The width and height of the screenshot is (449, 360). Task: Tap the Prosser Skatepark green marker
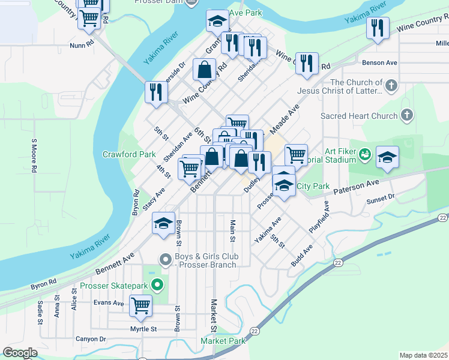[157, 284]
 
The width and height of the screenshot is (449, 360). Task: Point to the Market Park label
[223, 341]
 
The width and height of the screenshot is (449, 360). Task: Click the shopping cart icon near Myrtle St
[140, 305]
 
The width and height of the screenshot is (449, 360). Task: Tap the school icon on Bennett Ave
[163, 223]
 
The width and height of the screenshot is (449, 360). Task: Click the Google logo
[20, 353]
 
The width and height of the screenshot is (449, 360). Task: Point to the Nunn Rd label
[82, 44]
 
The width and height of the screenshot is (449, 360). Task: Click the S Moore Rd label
[34, 157]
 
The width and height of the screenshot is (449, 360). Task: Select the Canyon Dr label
[91, 339]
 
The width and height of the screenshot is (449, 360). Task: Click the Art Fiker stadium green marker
[364, 155]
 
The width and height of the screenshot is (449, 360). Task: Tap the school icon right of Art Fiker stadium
[387, 158]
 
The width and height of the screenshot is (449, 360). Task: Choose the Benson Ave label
[379, 62]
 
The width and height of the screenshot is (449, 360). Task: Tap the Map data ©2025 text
[423, 355]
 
